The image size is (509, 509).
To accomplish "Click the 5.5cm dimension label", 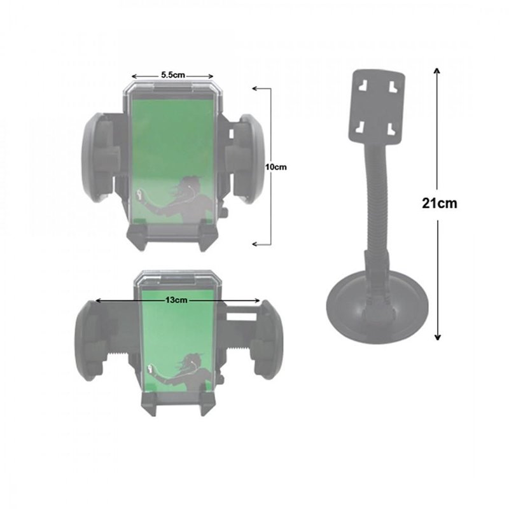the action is (x=173, y=75).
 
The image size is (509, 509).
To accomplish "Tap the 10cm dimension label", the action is (x=276, y=167).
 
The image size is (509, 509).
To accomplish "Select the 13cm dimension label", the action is (x=176, y=300).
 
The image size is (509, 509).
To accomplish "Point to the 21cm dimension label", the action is (x=440, y=203).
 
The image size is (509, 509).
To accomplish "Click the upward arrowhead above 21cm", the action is (x=438, y=71).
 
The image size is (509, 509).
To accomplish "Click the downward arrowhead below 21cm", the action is (x=438, y=337).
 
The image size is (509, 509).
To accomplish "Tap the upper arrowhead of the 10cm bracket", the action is (x=255, y=88).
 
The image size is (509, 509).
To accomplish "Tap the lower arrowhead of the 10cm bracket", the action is (x=255, y=244).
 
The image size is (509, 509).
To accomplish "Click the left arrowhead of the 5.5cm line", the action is (x=134, y=76).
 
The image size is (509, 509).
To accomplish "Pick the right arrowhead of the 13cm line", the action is (x=257, y=300).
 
